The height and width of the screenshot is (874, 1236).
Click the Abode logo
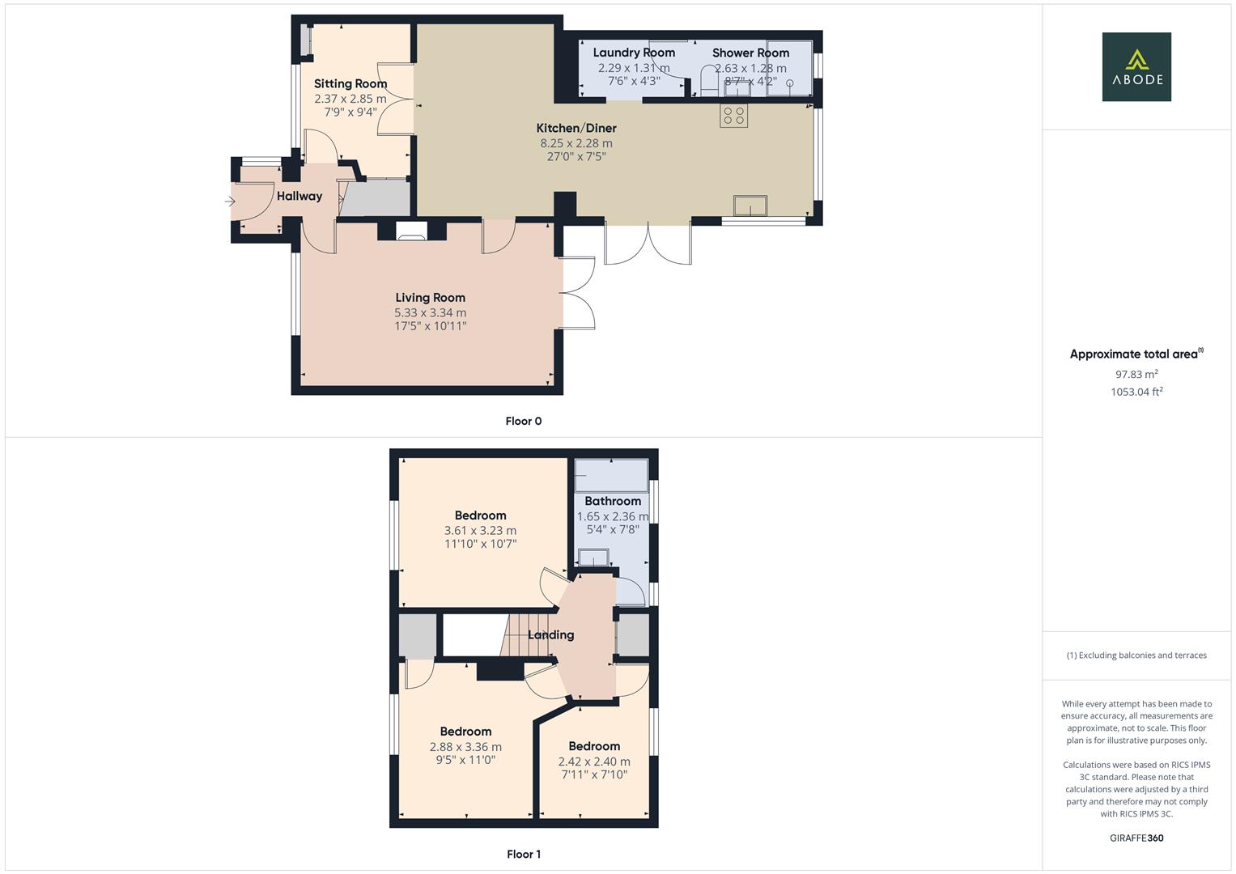[x=1136, y=67]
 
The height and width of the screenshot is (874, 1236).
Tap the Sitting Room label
[x=350, y=83]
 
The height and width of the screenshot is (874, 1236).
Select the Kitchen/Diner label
[x=576, y=128]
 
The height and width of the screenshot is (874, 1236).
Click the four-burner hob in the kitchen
[x=734, y=116]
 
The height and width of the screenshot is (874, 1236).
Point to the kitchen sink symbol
[x=751, y=206]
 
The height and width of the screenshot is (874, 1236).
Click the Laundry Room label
[x=634, y=53]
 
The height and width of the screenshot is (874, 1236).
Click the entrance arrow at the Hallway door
[x=230, y=202]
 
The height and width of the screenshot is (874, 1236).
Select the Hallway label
[x=299, y=196]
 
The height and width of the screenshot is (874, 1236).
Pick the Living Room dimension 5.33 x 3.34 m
[x=430, y=312]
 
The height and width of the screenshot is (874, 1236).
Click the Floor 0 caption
[x=523, y=421]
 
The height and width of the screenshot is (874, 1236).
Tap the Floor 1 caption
[x=523, y=854]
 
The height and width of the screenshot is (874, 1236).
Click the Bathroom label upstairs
[x=613, y=501]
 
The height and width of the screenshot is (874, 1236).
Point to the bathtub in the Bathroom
[x=611, y=475]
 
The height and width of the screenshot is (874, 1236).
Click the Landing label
[x=550, y=634]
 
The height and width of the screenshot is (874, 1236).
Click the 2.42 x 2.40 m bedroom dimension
[x=594, y=762]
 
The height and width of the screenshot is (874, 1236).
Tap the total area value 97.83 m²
[x=1136, y=374]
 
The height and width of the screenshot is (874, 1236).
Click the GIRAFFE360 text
[x=1136, y=838]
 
